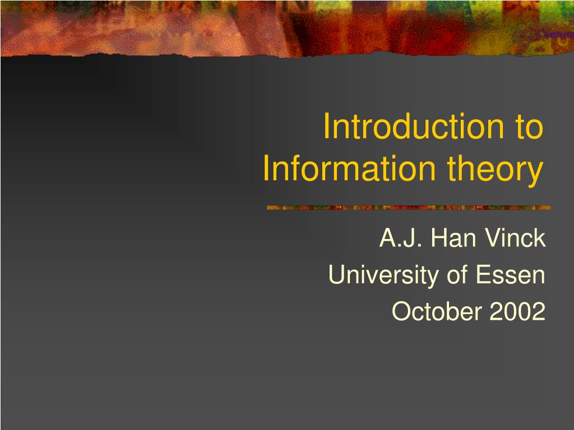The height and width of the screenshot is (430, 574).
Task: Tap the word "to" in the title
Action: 529,127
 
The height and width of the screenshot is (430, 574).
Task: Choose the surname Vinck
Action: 515,239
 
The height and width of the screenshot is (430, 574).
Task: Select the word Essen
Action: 511,275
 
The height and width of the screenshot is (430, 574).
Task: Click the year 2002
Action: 517,311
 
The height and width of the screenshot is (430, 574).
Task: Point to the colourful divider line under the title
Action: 409,208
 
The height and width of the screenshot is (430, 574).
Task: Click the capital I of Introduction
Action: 327,127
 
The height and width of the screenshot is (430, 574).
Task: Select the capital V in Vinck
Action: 492,239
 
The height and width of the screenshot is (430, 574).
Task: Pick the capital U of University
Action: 336,275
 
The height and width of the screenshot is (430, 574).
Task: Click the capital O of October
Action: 400,311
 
